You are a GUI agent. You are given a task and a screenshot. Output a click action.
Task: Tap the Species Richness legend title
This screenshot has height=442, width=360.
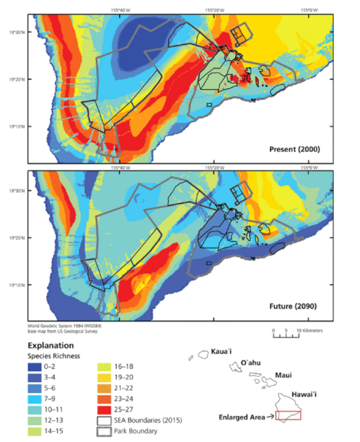click(53, 356)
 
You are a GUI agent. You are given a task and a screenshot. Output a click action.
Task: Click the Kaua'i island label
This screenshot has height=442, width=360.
click(221, 351)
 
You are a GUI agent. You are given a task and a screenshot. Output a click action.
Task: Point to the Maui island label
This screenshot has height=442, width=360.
click(284, 375)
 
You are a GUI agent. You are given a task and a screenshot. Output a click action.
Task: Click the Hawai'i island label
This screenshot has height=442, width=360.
click(303, 394)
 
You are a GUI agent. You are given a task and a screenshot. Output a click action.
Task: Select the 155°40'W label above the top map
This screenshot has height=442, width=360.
click(120, 10)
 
